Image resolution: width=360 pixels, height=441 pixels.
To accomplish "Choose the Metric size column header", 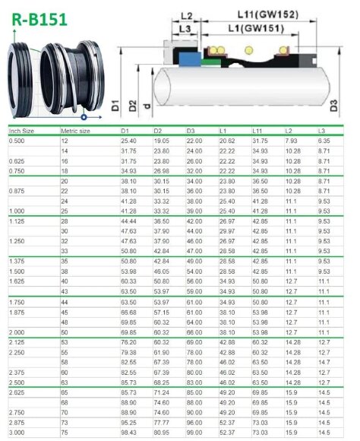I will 76,131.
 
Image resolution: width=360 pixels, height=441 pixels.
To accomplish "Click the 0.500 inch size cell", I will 16,141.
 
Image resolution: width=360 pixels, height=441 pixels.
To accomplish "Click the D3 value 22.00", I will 194,141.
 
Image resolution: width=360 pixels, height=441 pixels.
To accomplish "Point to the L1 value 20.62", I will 227,141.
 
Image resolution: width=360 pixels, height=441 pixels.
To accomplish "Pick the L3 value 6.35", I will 324,141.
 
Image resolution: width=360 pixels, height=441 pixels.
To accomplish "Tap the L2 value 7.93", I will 292,141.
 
